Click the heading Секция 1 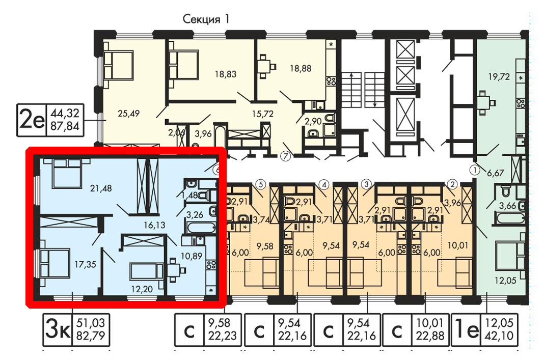pos(206,19)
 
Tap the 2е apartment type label pos(32,120)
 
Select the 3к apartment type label pos(58,329)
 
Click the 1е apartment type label pos(467,329)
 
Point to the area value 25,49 pos(129,114)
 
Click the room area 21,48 pos(101,188)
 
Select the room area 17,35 pos(85,264)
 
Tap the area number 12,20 pos(142,289)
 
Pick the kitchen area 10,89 pos(192,256)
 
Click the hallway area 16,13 pos(154,225)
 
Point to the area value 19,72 pos(499,77)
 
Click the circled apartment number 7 pos(286,156)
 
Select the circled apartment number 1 pos(474,170)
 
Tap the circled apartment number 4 pos(323,184)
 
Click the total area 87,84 pos(65,126)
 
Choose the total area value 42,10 pos(499,336)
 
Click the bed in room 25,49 pos(118,65)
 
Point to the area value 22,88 pos(430,336)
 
